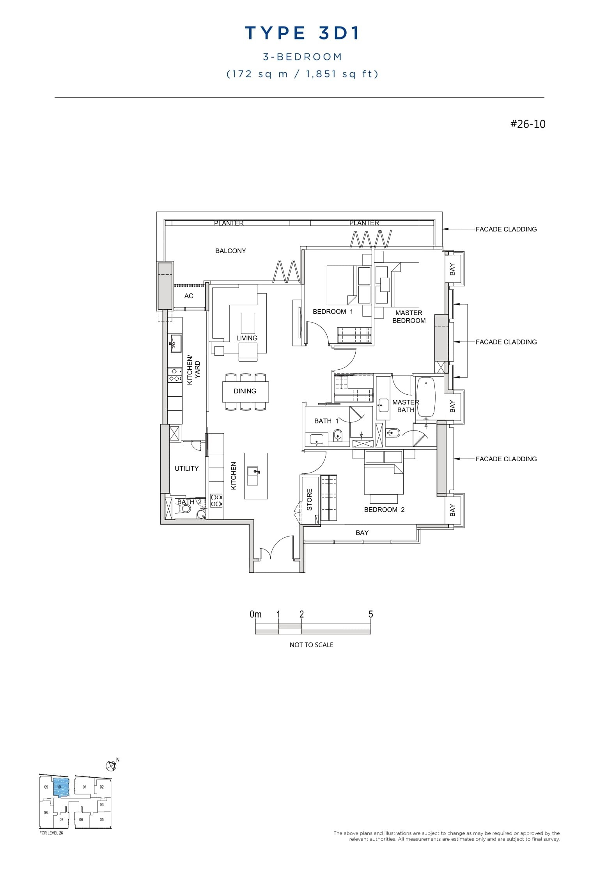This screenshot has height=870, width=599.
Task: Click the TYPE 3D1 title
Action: [x=302, y=34]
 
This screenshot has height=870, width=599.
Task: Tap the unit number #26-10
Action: [x=528, y=124]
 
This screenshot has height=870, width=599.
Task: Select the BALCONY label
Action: [x=230, y=251]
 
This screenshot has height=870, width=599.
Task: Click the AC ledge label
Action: [x=189, y=296]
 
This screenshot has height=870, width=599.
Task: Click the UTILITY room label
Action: [x=186, y=468]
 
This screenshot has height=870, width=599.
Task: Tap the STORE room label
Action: [x=310, y=499]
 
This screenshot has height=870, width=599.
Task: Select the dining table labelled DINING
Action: [x=245, y=391]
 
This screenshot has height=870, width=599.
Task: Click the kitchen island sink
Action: [x=253, y=471]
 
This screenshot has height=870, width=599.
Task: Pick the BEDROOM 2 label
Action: [x=384, y=510]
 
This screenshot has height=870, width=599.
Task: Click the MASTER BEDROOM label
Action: [x=409, y=317]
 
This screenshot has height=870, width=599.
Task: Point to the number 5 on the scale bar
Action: [x=370, y=614]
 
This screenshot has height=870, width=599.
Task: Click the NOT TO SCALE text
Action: [x=311, y=645]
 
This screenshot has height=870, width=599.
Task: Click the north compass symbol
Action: [x=111, y=766]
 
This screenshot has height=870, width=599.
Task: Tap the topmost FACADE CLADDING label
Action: [x=506, y=229]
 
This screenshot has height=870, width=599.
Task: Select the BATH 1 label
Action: [x=326, y=421]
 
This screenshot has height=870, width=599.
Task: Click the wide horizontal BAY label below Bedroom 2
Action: [x=362, y=533]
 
